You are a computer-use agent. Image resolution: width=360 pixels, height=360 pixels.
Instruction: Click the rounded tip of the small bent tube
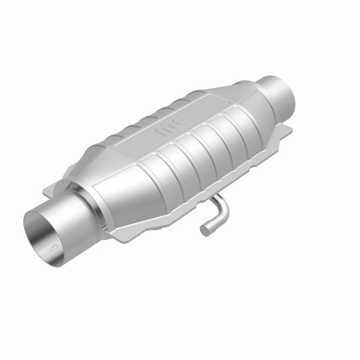[x=205, y=230]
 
